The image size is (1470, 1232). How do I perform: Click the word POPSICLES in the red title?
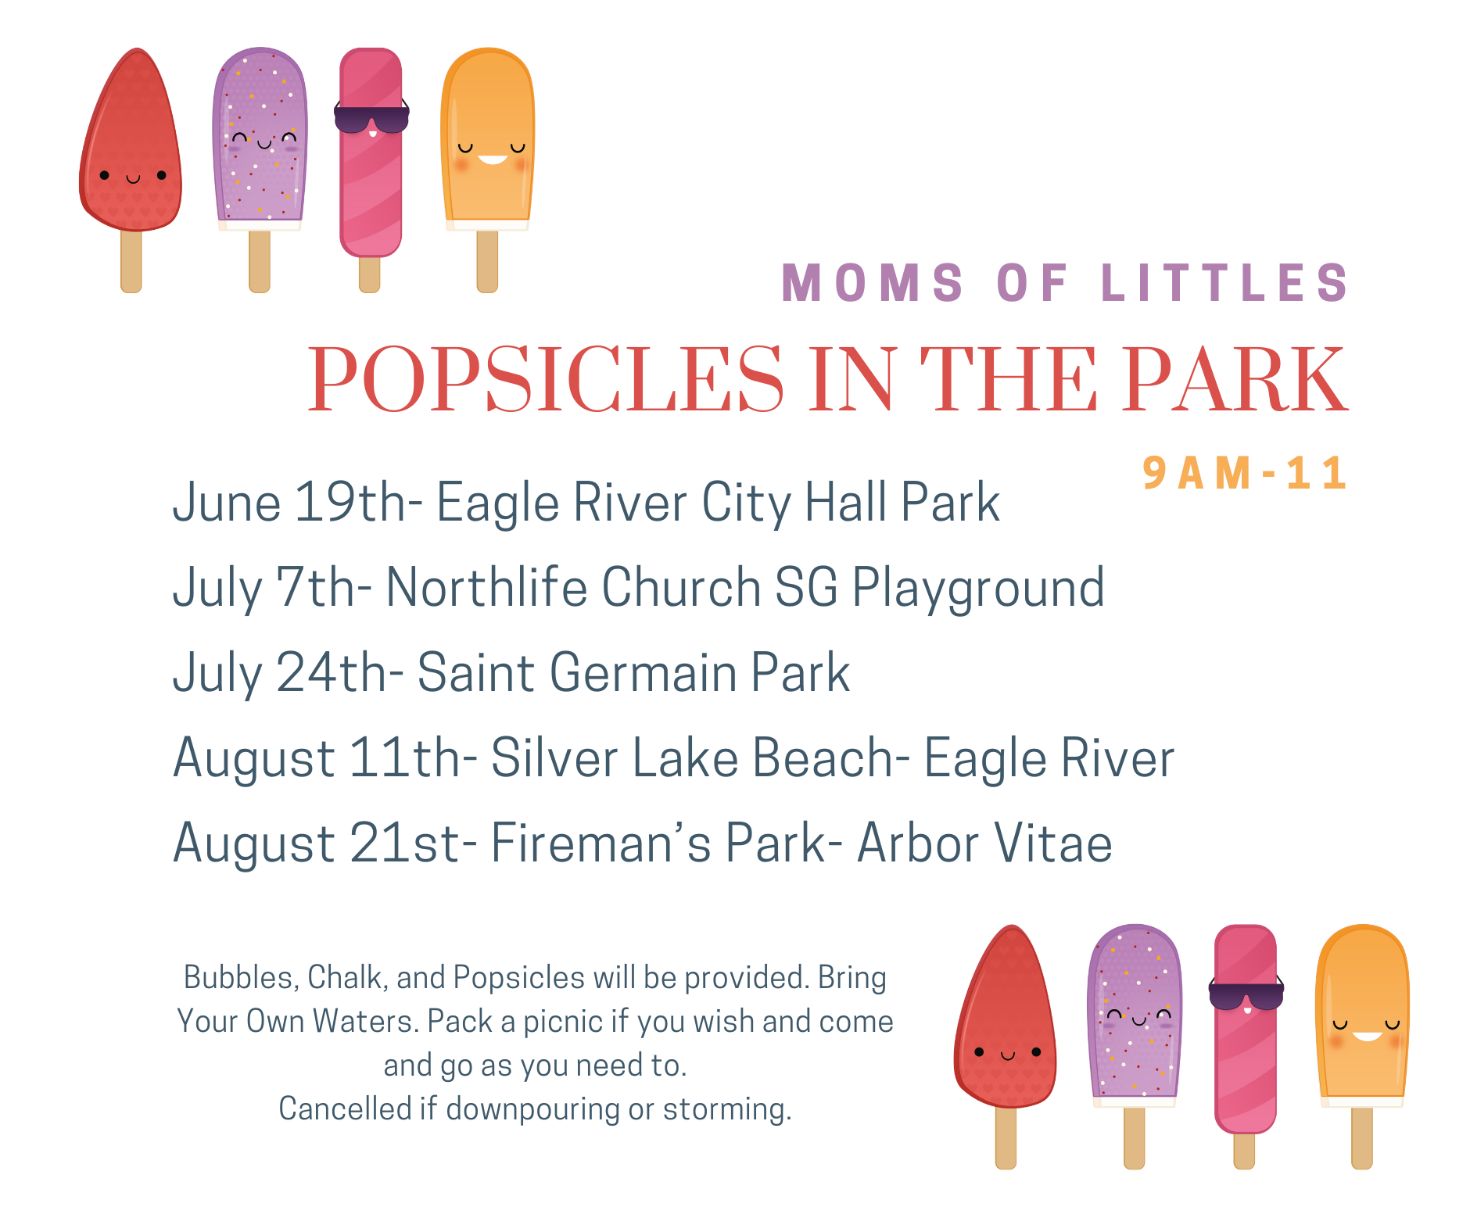tap(546, 379)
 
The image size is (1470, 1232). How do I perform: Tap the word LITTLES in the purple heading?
tap(1224, 282)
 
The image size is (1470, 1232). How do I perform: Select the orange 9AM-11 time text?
tap(1245, 473)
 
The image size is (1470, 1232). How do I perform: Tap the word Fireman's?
tap(601, 843)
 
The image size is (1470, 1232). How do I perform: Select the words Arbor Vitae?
tap(985, 843)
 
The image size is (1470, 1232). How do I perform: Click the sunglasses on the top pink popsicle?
tap(371, 118)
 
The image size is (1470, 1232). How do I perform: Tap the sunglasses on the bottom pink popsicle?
tap(1246, 994)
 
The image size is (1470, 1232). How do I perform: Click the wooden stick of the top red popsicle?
tap(131, 260)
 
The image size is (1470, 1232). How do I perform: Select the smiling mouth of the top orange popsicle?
tap(493, 159)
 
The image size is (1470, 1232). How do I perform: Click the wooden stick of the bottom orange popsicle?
tap(1362, 1137)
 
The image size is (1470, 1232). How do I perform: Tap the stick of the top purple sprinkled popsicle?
tap(260, 261)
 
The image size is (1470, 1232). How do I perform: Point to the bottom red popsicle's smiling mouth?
tap(1008, 1055)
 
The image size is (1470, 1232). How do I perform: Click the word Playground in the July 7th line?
tap(978, 588)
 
